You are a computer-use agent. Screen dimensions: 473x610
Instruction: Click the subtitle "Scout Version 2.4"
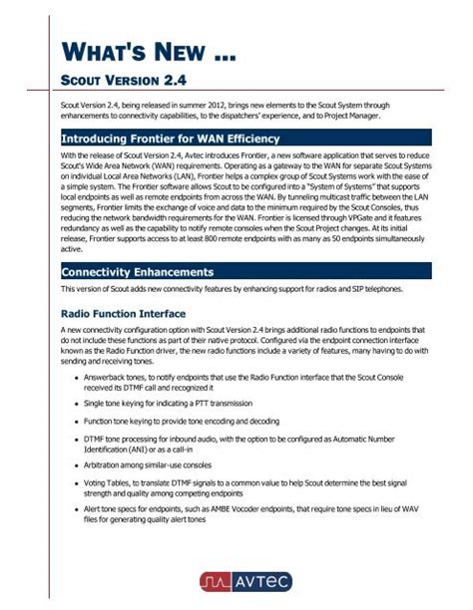[x=125, y=79]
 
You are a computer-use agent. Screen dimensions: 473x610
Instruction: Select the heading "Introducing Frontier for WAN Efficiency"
[x=171, y=138]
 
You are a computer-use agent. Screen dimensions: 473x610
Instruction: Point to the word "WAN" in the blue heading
[x=223, y=138]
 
